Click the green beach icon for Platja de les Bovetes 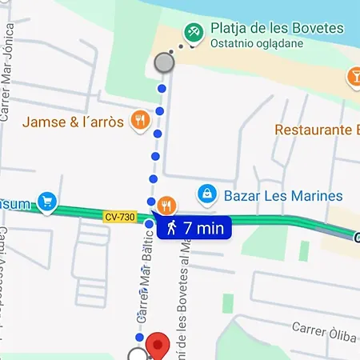pyautogui.click(x=193, y=33)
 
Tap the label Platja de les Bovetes pyautogui.click(x=277, y=29)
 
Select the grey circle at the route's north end pyautogui.click(x=164, y=62)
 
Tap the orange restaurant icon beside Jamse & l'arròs pyautogui.click(x=140, y=120)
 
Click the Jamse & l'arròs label pyautogui.click(x=73, y=122)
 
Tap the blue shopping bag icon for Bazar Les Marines pyautogui.click(x=207, y=194)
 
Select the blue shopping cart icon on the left pyautogui.click(x=47, y=201)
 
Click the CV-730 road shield pyautogui.click(x=120, y=217)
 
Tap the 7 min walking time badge pyautogui.click(x=194, y=227)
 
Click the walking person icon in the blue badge pyautogui.click(x=171, y=227)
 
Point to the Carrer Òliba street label pyautogui.click(x=323, y=328)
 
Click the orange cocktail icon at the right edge pyautogui.click(x=353, y=77)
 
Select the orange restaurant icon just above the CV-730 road pyautogui.click(x=166, y=203)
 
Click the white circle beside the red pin pyautogui.click(x=138, y=354)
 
